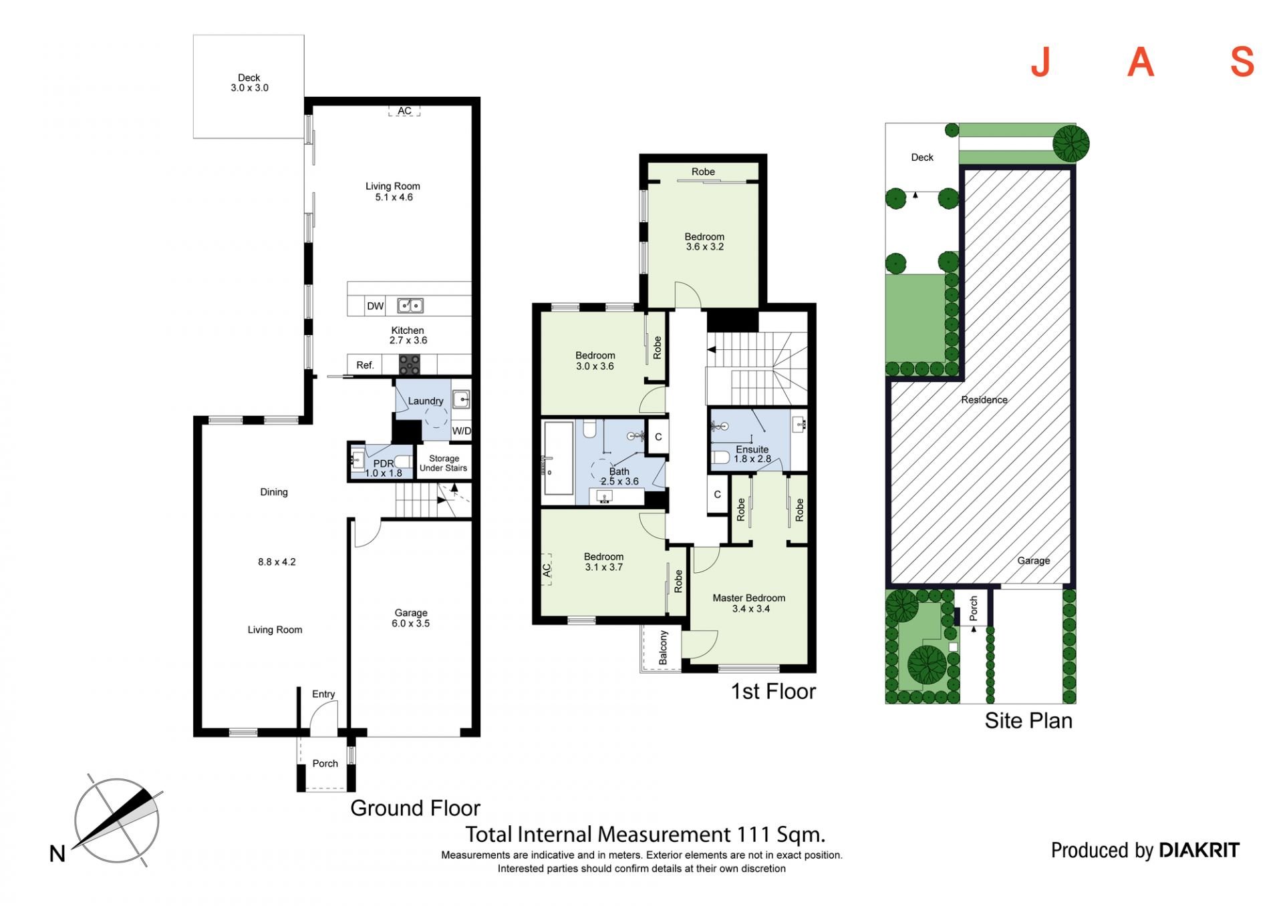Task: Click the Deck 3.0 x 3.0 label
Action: [249, 83]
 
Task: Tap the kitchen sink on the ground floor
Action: [410, 306]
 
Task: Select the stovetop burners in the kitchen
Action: [410, 365]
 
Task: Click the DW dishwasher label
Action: [376, 306]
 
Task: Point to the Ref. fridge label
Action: [365, 365]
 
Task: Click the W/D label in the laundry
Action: [461, 431]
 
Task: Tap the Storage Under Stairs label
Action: [444, 463]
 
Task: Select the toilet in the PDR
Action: [403, 461]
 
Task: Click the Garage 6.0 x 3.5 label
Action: [411, 618]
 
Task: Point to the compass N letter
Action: [57, 854]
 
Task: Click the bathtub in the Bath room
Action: [559, 462]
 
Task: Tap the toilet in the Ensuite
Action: [720, 457]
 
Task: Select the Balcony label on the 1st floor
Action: [664, 648]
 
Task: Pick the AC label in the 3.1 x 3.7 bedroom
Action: [547, 570]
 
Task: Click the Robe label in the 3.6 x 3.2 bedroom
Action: [703, 172]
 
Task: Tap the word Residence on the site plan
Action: [984, 400]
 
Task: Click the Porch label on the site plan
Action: [974, 609]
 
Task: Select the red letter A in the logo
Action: [1141, 62]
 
